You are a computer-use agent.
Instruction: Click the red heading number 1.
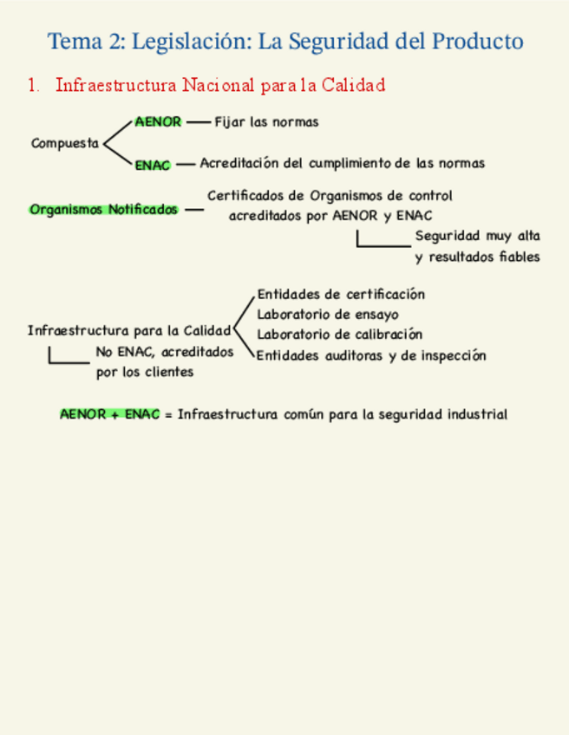click(33, 85)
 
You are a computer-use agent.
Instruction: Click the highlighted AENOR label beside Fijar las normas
click(158, 122)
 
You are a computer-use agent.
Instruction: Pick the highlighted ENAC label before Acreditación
click(153, 164)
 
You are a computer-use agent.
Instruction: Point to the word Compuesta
click(65, 143)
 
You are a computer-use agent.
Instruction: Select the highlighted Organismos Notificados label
click(103, 210)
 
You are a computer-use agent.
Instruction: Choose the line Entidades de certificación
click(341, 295)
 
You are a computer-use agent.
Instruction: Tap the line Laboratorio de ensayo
click(328, 315)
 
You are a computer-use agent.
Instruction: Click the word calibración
click(388, 335)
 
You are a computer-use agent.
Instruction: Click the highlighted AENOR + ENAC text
click(110, 414)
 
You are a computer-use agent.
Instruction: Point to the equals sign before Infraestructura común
click(167, 414)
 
